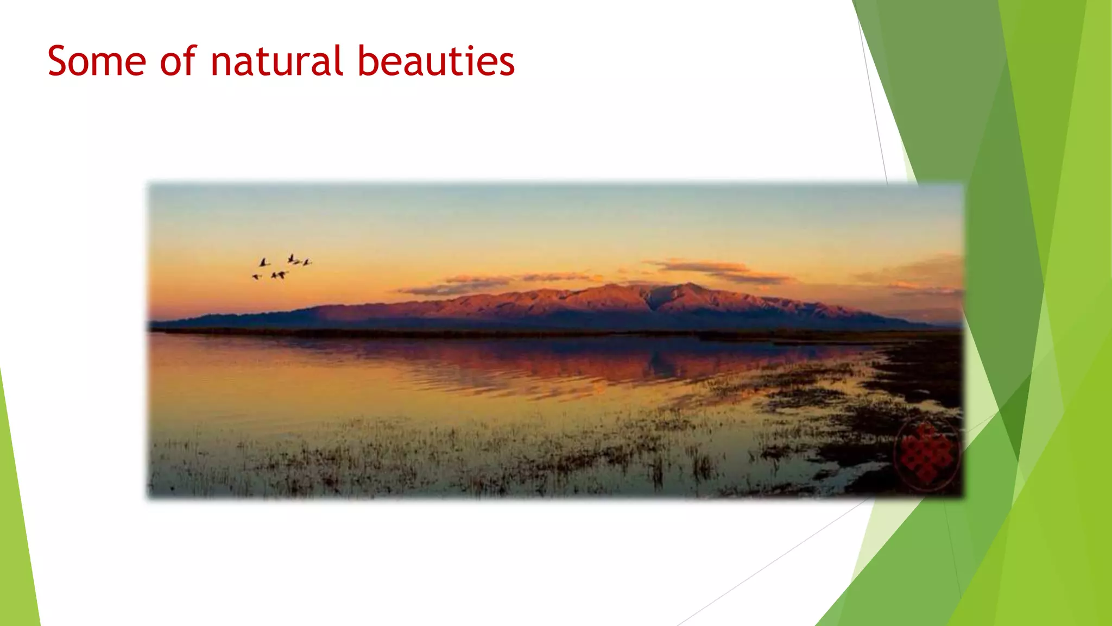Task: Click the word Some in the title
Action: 97,61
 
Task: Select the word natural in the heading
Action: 277,61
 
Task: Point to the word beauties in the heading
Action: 435,61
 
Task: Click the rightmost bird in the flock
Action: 307,262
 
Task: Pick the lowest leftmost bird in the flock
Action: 256,277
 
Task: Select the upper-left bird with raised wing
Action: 264,262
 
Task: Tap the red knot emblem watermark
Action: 926,454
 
